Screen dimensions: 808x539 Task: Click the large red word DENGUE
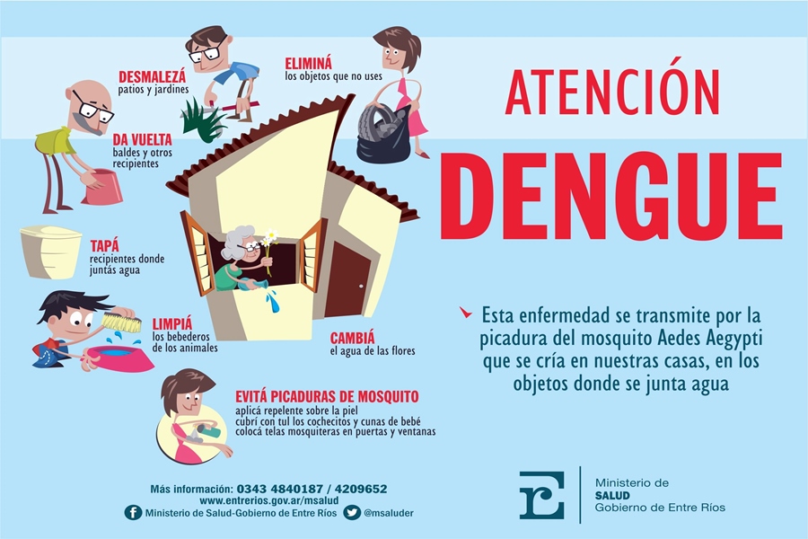pos(610,196)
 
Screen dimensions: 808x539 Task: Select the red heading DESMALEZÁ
pos(152,77)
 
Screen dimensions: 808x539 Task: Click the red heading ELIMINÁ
pos(309,64)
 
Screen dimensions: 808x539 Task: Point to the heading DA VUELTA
pos(142,139)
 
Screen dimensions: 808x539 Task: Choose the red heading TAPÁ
pos(105,245)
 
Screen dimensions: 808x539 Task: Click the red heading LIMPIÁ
pos(172,324)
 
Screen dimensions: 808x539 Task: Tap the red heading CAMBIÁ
pos(353,339)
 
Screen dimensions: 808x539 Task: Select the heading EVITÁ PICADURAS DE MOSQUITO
pos(327,397)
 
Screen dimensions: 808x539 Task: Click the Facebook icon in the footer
pos(133,513)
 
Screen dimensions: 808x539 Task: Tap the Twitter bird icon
pos(352,513)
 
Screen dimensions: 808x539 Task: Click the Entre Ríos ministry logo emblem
pos(541,495)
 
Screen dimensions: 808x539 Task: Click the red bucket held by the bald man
pos(102,187)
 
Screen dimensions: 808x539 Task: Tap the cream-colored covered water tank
pos(50,252)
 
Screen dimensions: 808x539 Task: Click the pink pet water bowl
pos(119,358)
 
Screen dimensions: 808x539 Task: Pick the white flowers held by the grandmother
pos(269,238)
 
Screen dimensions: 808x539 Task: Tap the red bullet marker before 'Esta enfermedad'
pos(466,312)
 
